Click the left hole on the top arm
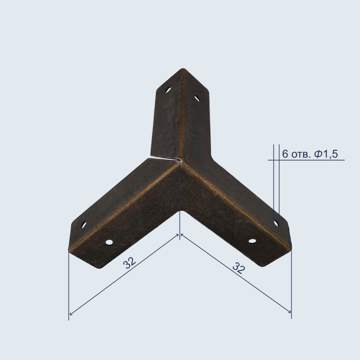(168, 90)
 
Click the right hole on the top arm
(197, 99)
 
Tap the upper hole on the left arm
(84, 225)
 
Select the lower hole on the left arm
(109, 242)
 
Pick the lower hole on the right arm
(252, 241)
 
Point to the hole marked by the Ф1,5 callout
(276, 223)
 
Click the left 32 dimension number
(130, 263)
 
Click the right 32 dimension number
(239, 268)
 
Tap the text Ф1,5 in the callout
(326, 154)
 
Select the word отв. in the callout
(301, 155)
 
